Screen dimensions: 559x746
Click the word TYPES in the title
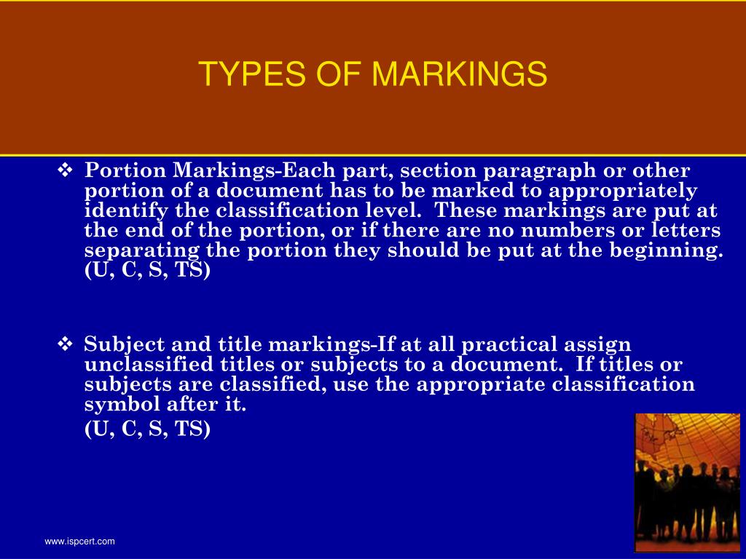[240, 74]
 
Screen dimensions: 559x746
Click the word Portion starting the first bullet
[125, 171]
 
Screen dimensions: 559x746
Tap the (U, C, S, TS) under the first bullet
[147, 271]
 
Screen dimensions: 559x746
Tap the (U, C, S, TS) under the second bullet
[147, 429]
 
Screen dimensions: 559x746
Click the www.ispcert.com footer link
[80, 542]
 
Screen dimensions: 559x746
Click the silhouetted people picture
[687, 482]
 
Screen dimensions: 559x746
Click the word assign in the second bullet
[602, 344]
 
